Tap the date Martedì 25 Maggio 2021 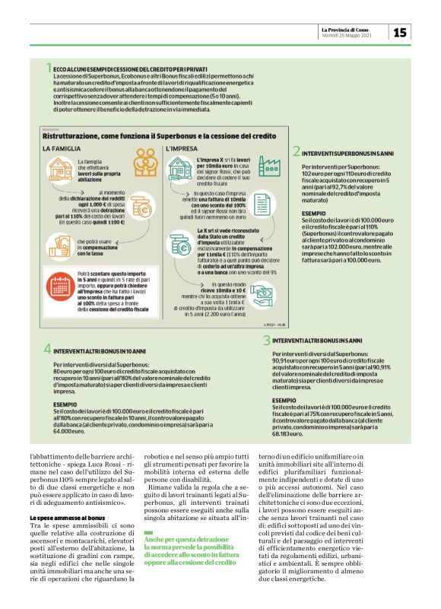click(346, 35)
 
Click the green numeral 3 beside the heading click(267, 341)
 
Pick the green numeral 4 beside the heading click(47, 349)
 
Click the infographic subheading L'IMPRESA click(181, 148)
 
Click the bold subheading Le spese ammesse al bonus click(62, 496)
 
